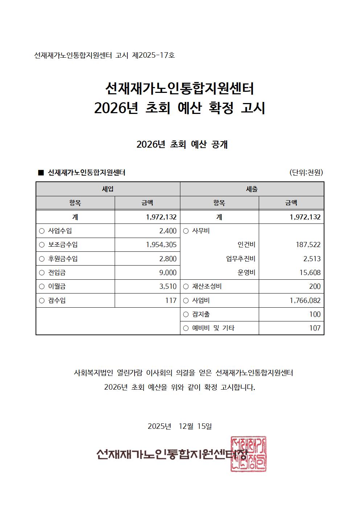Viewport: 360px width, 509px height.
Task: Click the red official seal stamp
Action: coord(249,454)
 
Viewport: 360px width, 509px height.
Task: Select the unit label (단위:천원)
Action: coord(306,172)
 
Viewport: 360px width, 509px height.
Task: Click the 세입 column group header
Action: coord(108,189)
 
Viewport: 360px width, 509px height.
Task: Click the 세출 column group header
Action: coord(252,189)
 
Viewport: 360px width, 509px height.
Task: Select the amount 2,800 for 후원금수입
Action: coord(168,259)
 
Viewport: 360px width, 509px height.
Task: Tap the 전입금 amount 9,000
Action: coord(168,272)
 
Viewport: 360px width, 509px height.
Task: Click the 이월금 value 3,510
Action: coord(168,286)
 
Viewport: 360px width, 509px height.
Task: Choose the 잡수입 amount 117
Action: coord(171,300)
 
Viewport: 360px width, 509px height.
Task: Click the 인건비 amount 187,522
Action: coord(308,245)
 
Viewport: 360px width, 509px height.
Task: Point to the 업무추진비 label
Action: coord(241,259)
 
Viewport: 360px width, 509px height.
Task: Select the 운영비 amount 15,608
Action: coord(310,272)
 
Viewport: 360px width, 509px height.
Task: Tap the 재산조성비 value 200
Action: coord(315,286)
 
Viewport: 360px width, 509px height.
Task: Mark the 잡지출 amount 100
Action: coord(315,314)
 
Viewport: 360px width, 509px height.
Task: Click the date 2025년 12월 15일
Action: coord(180,426)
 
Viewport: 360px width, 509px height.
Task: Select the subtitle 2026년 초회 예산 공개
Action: coord(182,144)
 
